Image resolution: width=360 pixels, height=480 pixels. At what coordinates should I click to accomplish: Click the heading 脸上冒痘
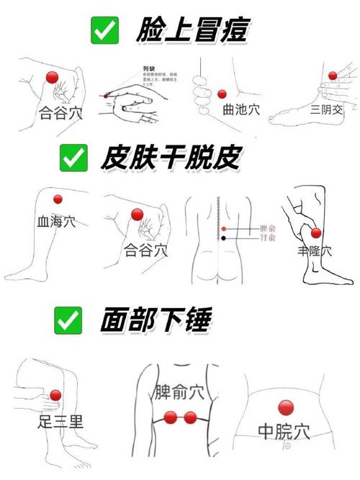click(x=192, y=30)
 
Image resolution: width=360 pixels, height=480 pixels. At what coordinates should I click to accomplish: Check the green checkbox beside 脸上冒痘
click(x=106, y=30)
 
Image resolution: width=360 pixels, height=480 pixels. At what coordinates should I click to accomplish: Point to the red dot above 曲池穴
click(x=222, y=94)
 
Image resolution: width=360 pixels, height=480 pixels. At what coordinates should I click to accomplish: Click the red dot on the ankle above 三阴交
click(x=333, y=76)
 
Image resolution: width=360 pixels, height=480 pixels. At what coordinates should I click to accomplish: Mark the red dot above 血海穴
click(x=57, y=199)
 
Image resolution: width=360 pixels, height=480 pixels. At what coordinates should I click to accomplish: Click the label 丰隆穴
click(x=315, y=251)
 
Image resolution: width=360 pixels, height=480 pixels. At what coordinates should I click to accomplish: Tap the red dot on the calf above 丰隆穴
click(x=315, y=232)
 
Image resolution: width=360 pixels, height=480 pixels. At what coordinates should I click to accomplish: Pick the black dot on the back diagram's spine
click(x=224, y=237)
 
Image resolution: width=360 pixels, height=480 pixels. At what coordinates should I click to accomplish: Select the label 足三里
click(x=60, y=422)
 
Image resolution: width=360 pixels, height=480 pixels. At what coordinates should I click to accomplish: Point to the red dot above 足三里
click(x=55, y=394)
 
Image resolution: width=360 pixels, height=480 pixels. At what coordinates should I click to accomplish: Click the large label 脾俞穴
click(x=179, y=392)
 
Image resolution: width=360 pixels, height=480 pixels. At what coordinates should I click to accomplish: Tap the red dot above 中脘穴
click(x=286, y=407)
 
